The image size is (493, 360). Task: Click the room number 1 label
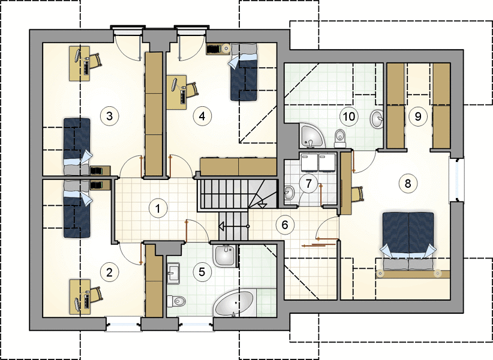(x=158, y=208)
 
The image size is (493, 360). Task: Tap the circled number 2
(x=109, y=272)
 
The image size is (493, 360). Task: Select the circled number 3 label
(x=109, y=116)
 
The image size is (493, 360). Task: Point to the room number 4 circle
(x=202, y=116)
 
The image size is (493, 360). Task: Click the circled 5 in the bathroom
(x=202, y=272)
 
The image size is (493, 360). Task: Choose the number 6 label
(x=285, y=225)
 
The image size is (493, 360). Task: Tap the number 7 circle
(x=308, y=184)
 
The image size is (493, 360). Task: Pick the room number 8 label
(x=408, y=184)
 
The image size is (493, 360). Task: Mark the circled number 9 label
(x=418, y=116)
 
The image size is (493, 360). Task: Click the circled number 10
(x=349, y=116)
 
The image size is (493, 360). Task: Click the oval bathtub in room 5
(x=235, y=303)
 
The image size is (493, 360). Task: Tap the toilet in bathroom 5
(x=176, y=301)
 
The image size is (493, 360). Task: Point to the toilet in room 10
(x=340, y=139)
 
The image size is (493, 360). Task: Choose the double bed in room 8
(x=408, y=241)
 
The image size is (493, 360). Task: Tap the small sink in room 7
(x=290, y=193)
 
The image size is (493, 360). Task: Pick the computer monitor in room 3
(x=77, y=56)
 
